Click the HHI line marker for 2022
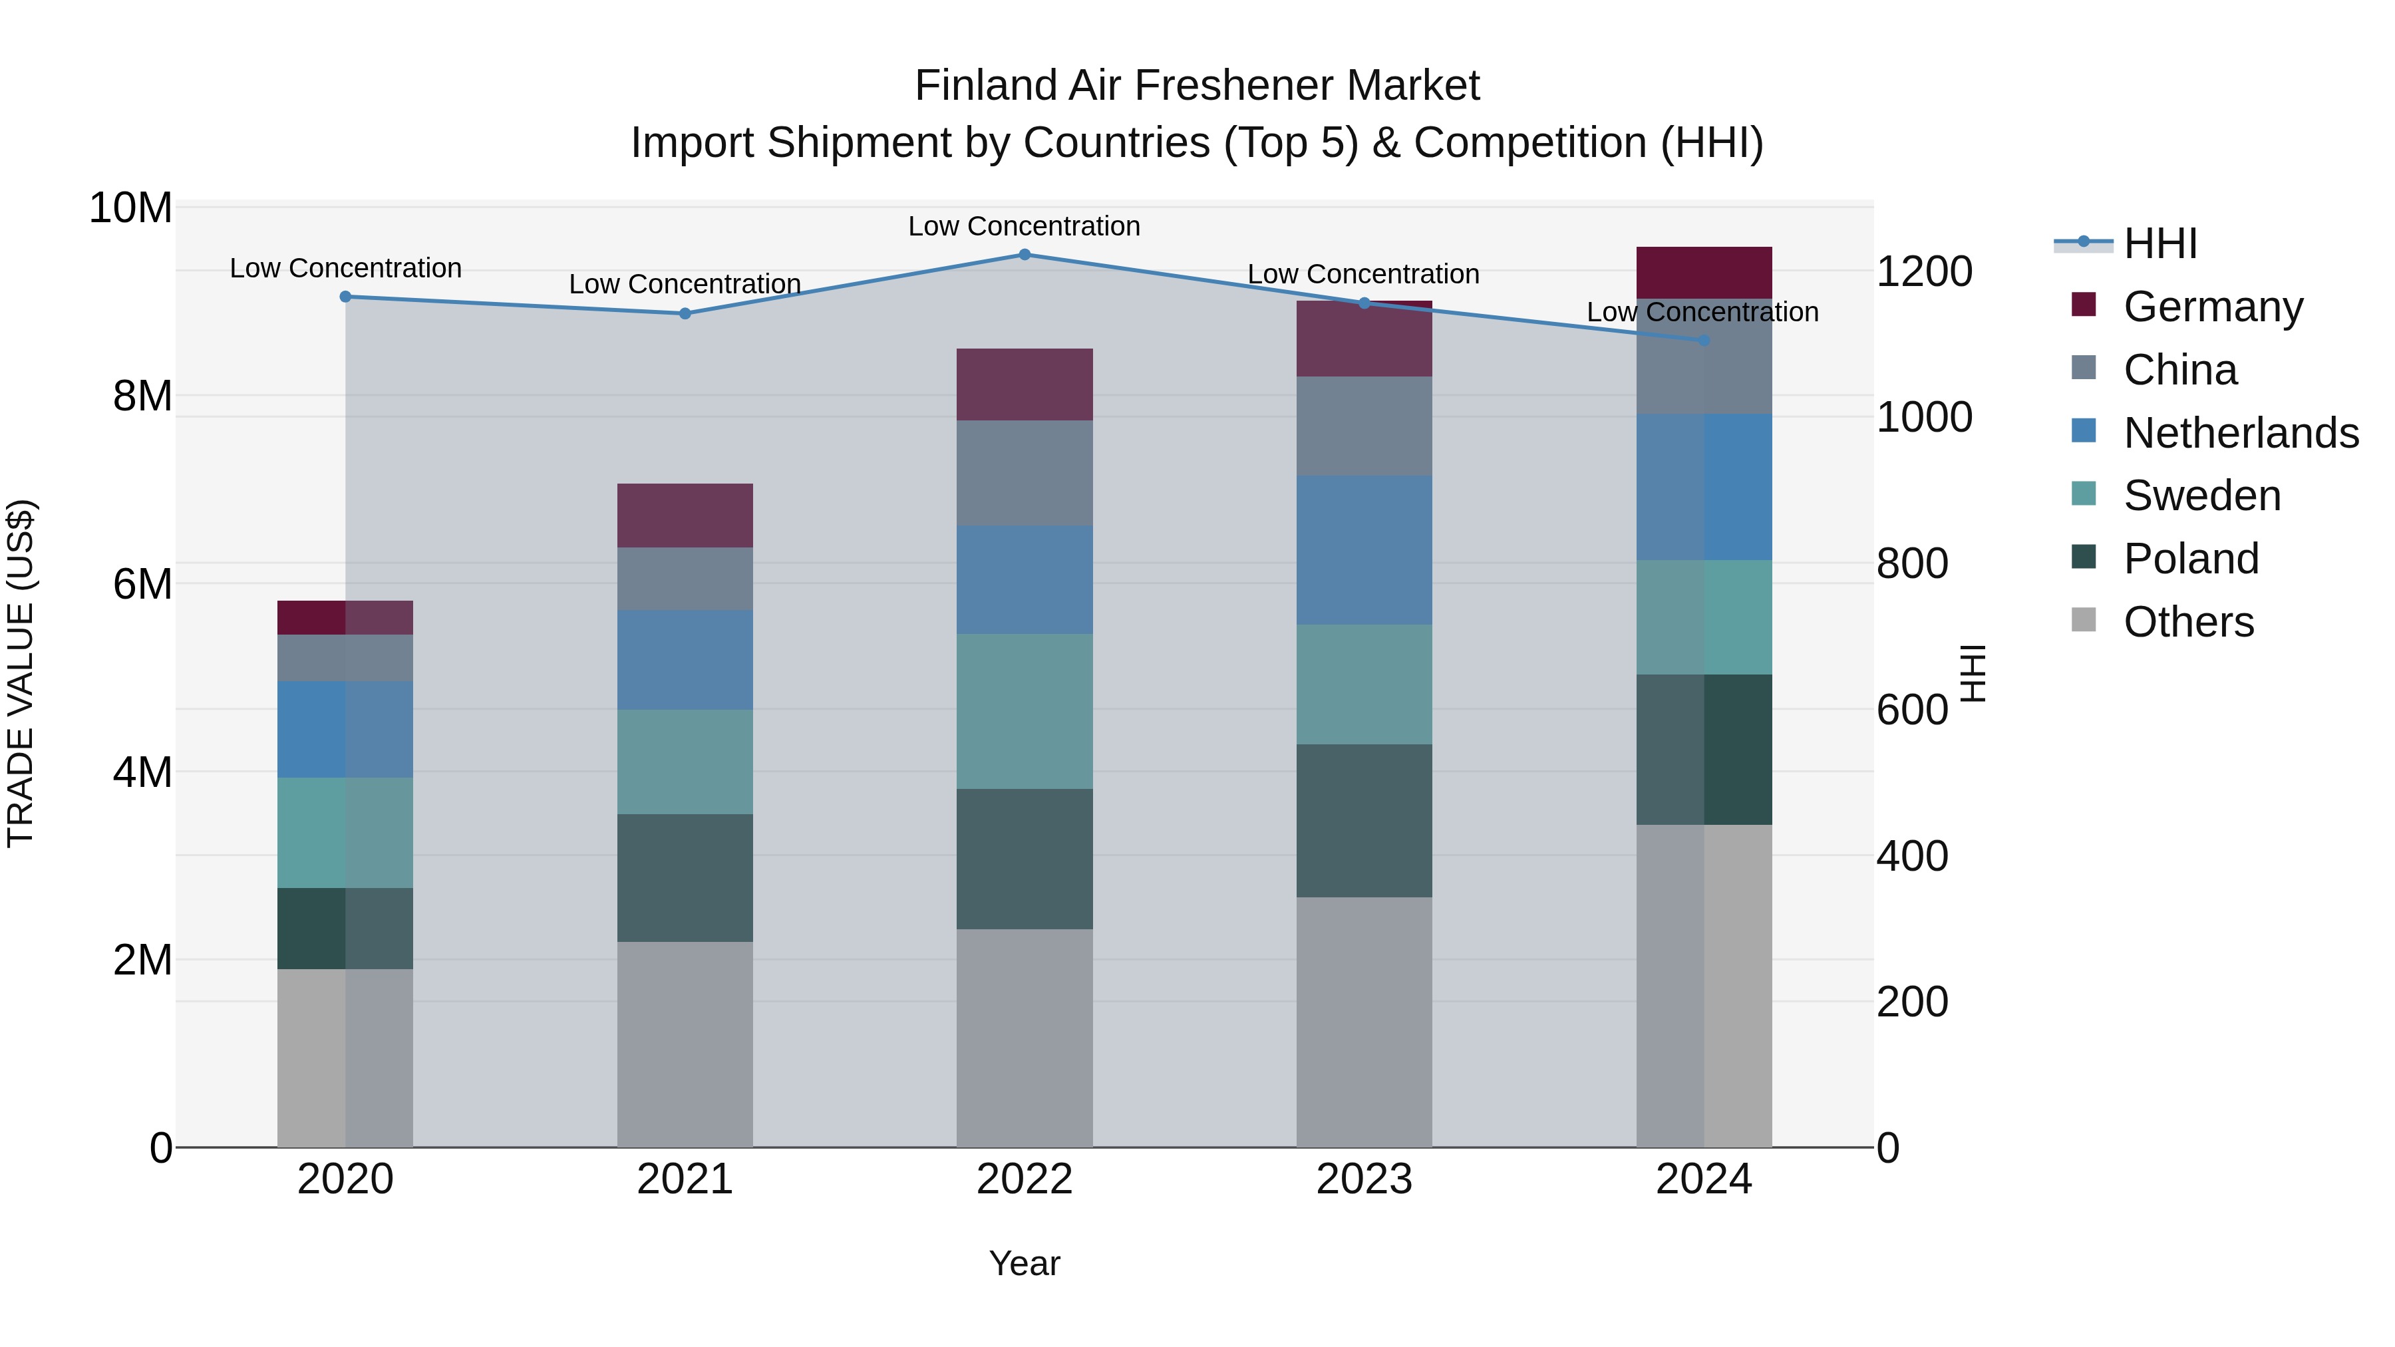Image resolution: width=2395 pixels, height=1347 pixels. point(1025,254)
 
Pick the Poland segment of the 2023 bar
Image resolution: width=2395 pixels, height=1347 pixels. point(1364,820)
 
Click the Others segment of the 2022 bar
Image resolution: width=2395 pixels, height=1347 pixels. point(1025,1038)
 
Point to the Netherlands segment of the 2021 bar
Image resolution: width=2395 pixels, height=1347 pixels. point(685,660)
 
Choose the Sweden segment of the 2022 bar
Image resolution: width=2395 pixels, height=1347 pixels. point(1025,711)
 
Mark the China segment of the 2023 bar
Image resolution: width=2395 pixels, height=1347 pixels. point(1364,426)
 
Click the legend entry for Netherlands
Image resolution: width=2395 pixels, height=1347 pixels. point(2241,433)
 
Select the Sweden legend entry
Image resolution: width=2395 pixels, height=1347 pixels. point(2201,496)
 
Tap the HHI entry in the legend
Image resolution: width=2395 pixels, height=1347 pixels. point(2159,243)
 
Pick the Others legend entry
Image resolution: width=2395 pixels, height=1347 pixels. point(2189,622)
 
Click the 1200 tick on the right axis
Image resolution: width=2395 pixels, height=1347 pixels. point(1923,271)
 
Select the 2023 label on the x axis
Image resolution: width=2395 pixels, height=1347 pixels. point(1364,1179)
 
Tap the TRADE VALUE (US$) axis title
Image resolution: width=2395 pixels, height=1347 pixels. point(21,673)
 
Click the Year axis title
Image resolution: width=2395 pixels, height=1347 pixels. point(1025,1263)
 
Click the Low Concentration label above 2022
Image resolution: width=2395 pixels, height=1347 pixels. point(1024,226)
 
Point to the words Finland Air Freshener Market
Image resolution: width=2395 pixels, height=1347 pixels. point(1197,86)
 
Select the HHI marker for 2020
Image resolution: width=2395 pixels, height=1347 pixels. point(346,297)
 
